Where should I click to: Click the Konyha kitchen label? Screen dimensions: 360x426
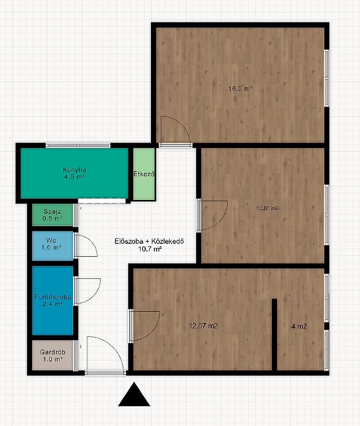point(74,170)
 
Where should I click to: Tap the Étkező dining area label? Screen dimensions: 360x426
point(144,174)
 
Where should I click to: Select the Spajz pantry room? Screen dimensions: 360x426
point(53,215)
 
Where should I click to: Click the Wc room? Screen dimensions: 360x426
point(53,246)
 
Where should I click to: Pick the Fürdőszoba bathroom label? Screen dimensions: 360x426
point(52,297)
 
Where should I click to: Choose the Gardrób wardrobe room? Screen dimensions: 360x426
point(53,355)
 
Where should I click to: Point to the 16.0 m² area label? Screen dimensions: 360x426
point(241,88)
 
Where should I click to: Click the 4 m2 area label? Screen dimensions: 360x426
point(299,326)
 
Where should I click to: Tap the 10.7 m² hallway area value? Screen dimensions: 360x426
point(150,248)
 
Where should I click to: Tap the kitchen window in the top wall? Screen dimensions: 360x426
point(78,145)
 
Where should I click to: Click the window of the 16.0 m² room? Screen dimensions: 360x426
point(327,78)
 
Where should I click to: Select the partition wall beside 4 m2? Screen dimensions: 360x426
point(275,335)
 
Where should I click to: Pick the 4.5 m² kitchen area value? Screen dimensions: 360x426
point(74,177)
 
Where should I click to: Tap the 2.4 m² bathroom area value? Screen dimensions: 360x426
point(52,304)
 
